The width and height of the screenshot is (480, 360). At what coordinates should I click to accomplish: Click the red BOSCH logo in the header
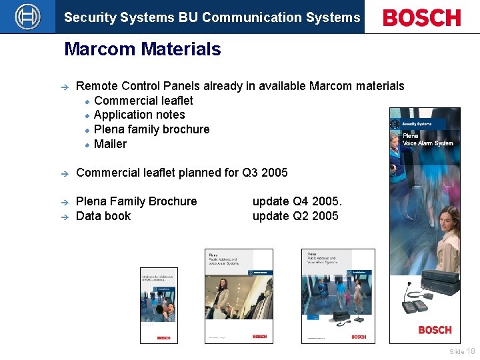pos(421,17)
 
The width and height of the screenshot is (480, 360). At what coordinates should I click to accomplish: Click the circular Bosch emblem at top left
pos(27,17)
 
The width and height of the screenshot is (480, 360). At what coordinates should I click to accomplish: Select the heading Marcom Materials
pos(142,49)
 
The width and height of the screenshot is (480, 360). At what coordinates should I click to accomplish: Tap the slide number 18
pos(471,351)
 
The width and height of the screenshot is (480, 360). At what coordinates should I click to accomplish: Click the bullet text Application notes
pos(139,115)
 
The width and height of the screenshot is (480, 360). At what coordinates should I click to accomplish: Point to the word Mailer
pos(110,144)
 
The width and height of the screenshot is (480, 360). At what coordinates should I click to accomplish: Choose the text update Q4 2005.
pos(297,201)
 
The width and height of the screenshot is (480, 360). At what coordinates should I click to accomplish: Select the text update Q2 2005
pos(295,216)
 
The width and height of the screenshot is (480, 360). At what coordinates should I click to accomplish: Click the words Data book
pos(103,216)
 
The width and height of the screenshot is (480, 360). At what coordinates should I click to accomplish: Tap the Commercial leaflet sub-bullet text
pos(143,101)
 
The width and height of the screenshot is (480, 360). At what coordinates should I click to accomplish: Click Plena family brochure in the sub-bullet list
pos(151,129)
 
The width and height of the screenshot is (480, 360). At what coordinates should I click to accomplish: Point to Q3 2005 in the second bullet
pos(265,173)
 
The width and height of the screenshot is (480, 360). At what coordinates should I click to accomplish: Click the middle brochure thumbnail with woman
pos(238,296)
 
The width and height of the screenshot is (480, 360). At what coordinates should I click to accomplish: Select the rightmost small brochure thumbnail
pos(338,296)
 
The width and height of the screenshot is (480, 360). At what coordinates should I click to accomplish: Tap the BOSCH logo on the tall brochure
pos(435,330)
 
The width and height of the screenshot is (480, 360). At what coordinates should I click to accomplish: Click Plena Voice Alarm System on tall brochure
pos(427,139)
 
